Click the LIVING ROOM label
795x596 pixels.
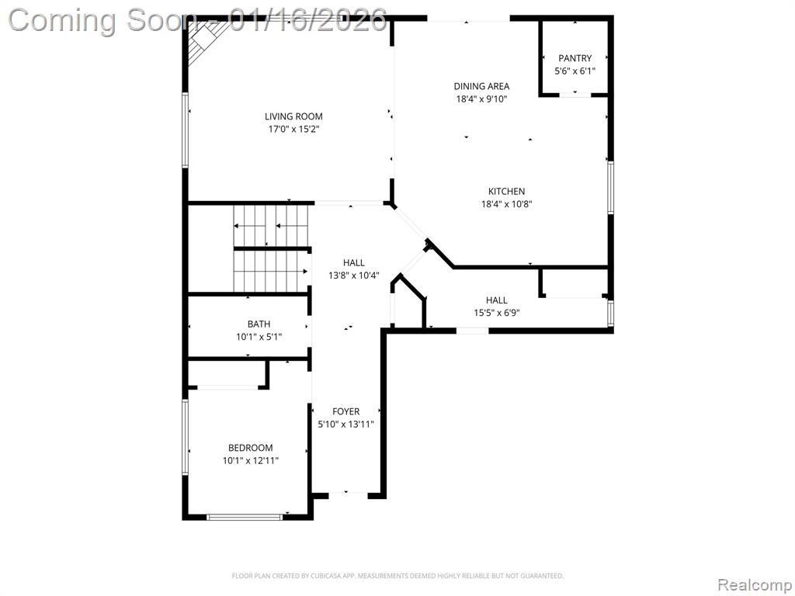293,116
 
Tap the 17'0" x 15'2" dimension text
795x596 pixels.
293,129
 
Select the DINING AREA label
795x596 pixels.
481,86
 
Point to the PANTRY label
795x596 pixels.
575,58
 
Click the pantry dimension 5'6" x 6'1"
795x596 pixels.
575,71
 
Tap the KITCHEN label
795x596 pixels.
506,192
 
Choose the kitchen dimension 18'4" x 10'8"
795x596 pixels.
506,204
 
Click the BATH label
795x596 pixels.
259,324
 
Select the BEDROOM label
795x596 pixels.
250,448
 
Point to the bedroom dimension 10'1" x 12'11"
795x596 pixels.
250,460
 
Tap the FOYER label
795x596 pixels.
345,411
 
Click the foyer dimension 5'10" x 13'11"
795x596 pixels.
345,424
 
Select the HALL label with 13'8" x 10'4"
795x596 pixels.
353,263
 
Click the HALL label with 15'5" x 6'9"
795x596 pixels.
496,300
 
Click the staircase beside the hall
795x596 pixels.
271,248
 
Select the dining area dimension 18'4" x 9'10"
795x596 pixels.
481,99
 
